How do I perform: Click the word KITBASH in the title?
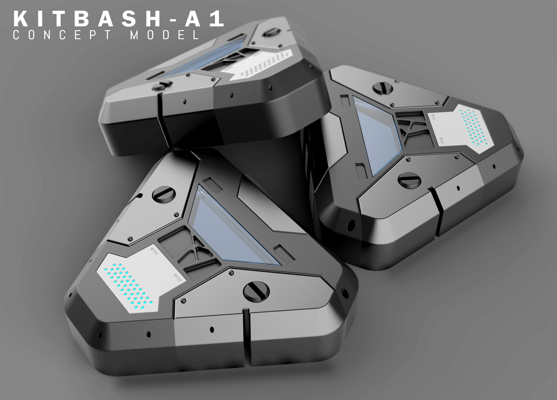pyautogui.click(x=87, y=19)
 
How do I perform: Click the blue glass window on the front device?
pyautogui.click(x=229, y=229)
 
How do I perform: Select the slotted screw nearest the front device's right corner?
pyautogui.click(x=256, y=291)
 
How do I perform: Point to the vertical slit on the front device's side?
pyautogui.click(x=246, y=336)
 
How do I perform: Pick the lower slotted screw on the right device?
pyautogui.click(x=409, y=180)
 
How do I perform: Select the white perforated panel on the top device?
pyautogui.click(x=261, y=64)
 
